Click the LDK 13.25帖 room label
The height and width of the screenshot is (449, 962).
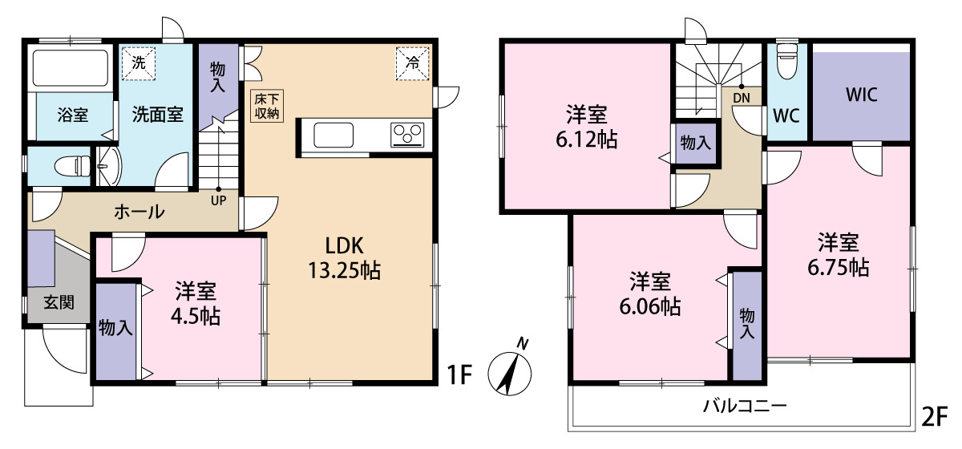click(x=345, y=258)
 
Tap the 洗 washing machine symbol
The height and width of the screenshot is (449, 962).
click(x=138, y=63)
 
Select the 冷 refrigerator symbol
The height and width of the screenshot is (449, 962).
click(x=412, y=63)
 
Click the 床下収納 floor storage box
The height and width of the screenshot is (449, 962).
click(x=267, y=106)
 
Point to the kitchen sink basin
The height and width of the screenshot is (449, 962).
click(x=333, y=135)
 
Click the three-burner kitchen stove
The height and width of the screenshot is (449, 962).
click(x=407, y=135)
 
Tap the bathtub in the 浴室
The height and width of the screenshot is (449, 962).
click(x=71, y=68)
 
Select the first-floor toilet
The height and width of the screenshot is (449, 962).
click(x=73, y=166)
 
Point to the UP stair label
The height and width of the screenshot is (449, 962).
click(x=218, y=200)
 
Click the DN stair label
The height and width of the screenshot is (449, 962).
click(x=742, y=98)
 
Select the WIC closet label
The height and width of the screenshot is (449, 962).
click(x=861, y=95)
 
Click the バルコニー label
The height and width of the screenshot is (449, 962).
click(x=744, y=405)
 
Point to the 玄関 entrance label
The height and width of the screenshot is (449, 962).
click(x=59, y=302)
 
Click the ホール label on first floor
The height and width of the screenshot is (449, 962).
click(x=139, y=212)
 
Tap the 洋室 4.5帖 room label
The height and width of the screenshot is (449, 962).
click(x=196, y=304)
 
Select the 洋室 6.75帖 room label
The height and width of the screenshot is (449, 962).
click(x=839, y=255)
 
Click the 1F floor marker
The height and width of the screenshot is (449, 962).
click(x=459, y=374)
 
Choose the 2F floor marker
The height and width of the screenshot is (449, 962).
click(x=935, y=416)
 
